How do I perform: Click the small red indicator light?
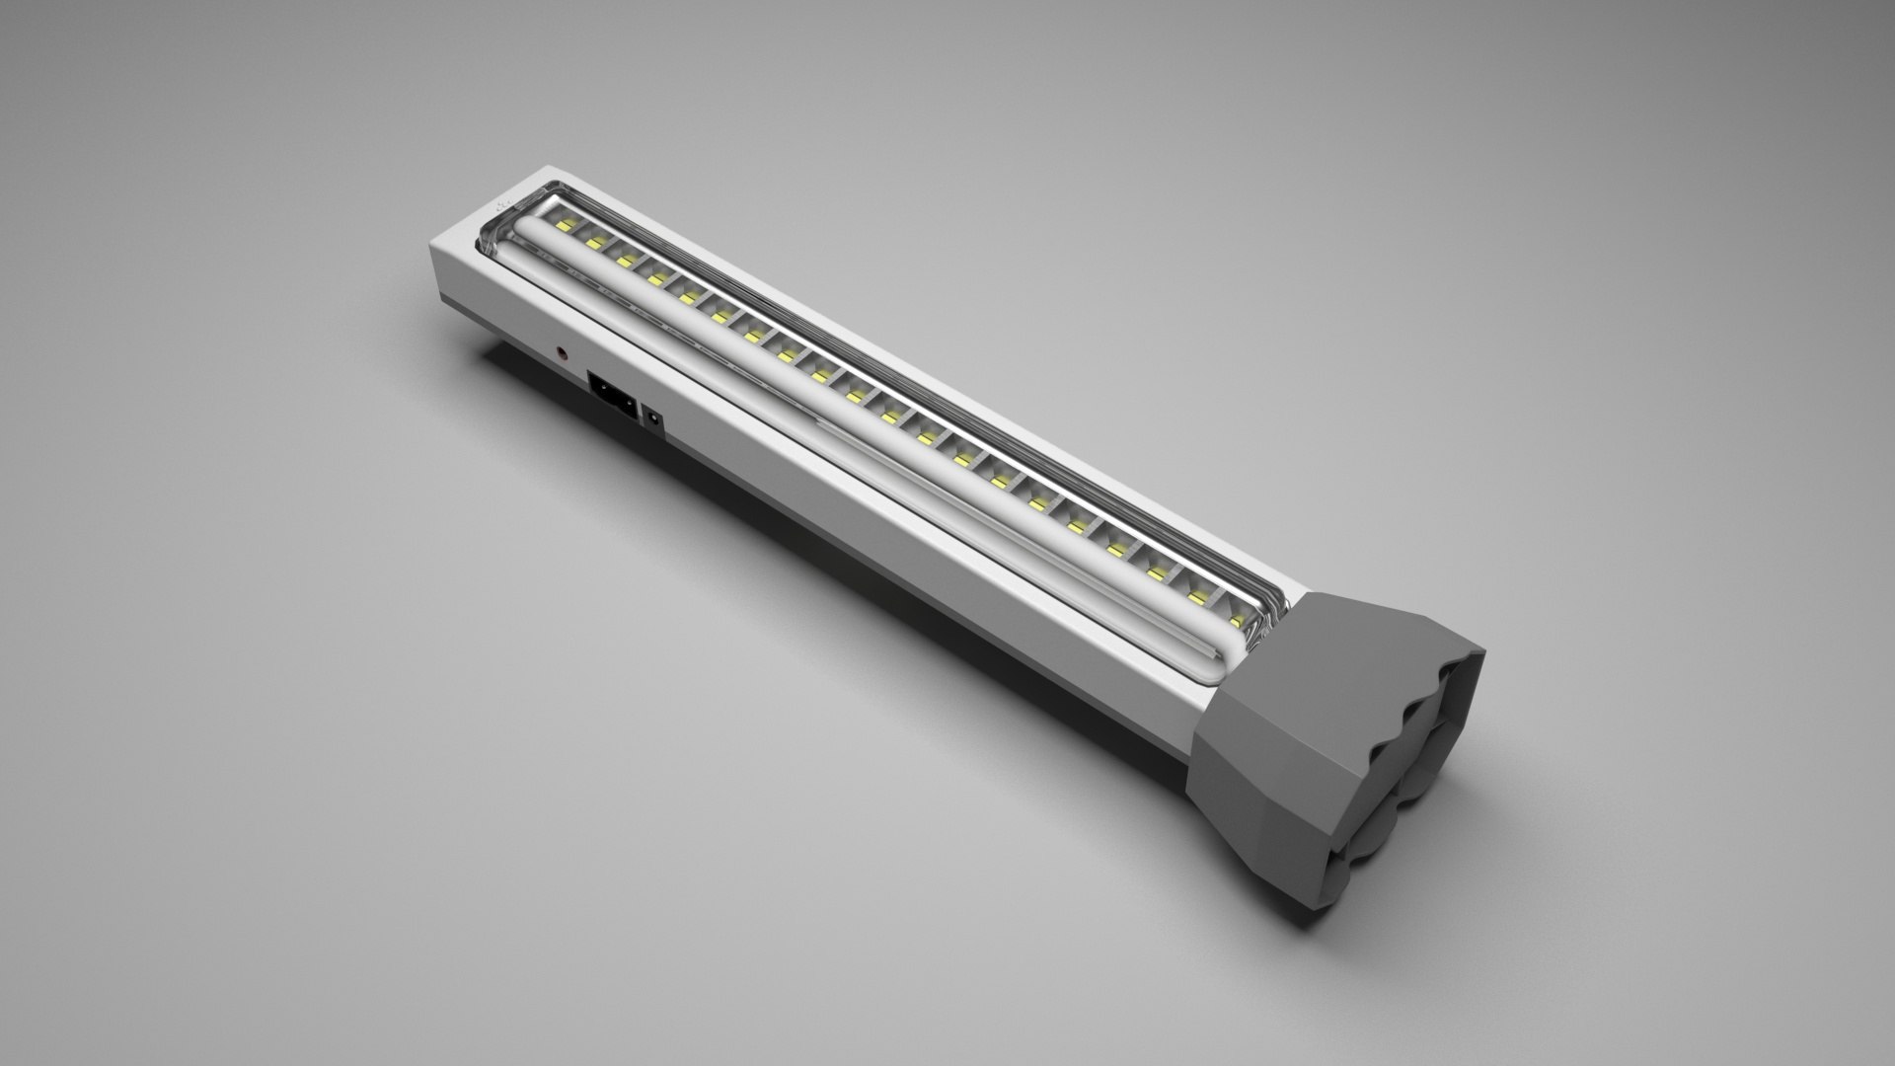(563, 350)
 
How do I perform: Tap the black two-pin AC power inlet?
(611, 394)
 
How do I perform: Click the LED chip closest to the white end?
(566, 226)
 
